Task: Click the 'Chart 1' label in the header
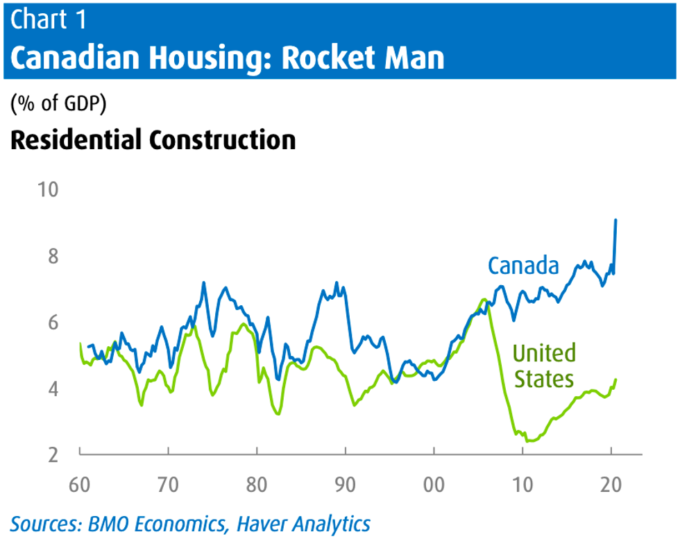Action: coord(49,19)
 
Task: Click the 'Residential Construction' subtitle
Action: coord(153,139)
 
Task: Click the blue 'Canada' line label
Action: coord(523,265)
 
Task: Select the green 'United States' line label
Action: coord(544,366)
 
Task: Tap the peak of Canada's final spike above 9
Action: coord(616,220)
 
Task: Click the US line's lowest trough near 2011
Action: coord(530,440)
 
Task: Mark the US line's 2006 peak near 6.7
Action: coord(484,300)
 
